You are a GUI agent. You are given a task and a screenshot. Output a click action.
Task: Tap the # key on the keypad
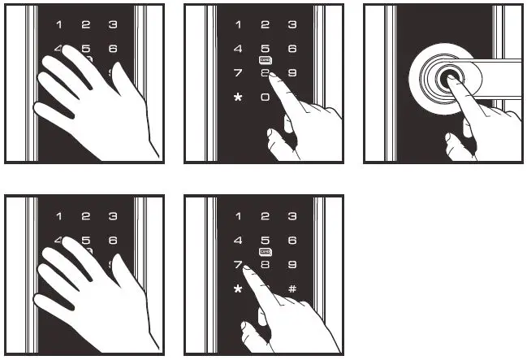click(x=292, y=289)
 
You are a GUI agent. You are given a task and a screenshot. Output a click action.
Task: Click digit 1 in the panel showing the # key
click(x=238, y=216)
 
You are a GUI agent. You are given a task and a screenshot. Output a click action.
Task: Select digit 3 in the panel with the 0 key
click(x=292, y=24)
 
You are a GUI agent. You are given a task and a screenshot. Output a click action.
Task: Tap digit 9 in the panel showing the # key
click(x=292, y=265)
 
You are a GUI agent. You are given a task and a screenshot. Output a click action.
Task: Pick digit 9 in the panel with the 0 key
click(x=292, y=73)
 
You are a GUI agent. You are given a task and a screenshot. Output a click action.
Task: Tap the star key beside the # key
click(x=238, y=290)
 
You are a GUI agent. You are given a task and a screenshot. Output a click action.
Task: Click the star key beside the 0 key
click(x=238, y=98)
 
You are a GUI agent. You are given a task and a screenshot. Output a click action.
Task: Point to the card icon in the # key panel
click(x=266, y=253)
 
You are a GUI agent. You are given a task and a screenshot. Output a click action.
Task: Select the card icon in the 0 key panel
click(x=266, y=61)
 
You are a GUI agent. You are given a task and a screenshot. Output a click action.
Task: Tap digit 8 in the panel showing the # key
click(x=266, y=265)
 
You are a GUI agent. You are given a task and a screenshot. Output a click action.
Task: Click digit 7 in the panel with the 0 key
click(x=238, y=73)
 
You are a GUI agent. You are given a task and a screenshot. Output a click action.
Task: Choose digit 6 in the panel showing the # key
click(x=292, y=241)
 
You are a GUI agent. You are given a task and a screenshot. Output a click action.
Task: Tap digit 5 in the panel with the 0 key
click(x=266, y=49)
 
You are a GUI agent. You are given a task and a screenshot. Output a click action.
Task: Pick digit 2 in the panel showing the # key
click(x=266, y=216)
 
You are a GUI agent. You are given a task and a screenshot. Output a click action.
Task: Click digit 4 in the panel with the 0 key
click(x=238, y=49)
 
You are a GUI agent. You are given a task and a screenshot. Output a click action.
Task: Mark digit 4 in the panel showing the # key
click(x=238, y=241)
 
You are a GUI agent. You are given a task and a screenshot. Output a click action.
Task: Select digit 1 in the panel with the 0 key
click(x=238, y=24)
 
